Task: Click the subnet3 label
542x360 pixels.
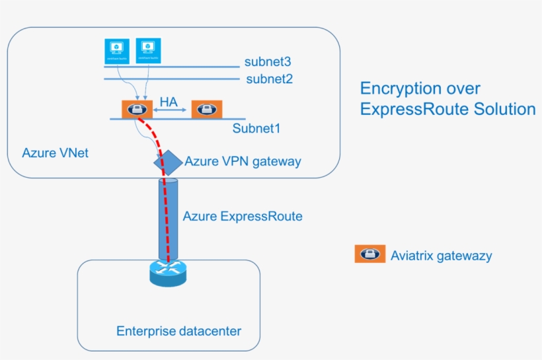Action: (268, 63)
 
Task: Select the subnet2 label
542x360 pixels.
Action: (268, 79)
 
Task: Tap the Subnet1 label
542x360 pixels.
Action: (256, 128)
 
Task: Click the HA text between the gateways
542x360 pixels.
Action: (169, 102)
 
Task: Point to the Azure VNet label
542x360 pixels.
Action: (56, 153)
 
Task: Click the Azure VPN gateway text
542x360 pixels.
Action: (243, 161)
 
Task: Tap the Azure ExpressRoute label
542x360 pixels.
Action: (243, 216)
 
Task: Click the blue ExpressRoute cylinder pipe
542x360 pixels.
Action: (168, 218)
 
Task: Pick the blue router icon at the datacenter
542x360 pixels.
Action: (169, 271)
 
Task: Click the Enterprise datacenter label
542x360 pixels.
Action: (178, 330)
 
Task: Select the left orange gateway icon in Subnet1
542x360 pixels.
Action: (137, 110)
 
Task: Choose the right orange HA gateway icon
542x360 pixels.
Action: (207, 110)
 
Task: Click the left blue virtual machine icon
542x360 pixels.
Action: (117, 50)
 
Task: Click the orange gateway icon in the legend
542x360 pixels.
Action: (369, 254)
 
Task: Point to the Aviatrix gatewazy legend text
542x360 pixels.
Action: (441, 256)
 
